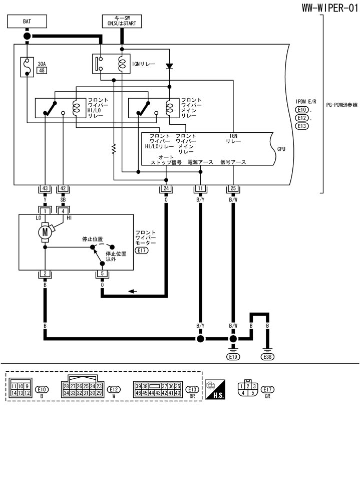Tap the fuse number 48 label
[x=42, y=71]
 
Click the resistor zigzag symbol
[x=114, y=148]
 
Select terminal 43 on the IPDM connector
[x=45, y=188]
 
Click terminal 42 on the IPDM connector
[x=63, y=188]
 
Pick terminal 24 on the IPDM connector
[x=166, y=188]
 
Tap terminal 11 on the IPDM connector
[x=200, y=188]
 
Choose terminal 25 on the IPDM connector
[x=233, y=188]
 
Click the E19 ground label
[x=233, y=357]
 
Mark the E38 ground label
[x=267, y=357]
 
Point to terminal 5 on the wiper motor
[x=102, y=274]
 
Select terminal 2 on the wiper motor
[x=45, y=274]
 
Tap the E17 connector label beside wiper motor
[x=142, y=251]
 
